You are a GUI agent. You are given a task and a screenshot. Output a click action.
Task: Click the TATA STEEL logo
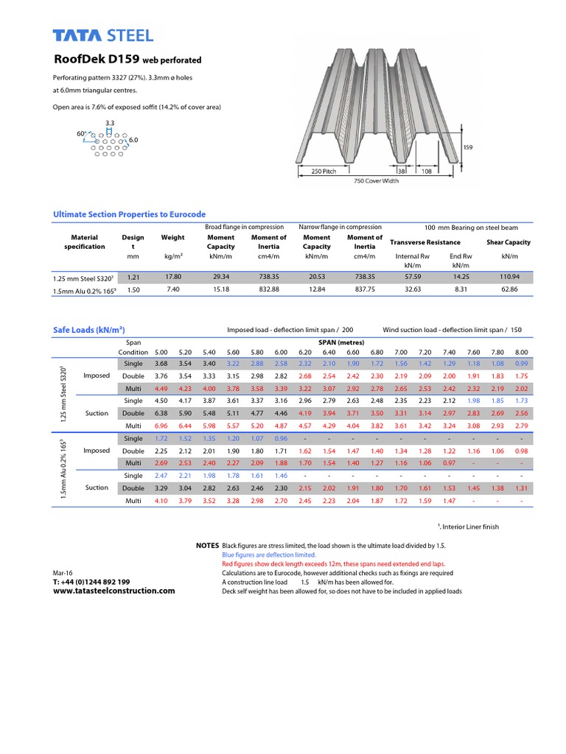[103, 35]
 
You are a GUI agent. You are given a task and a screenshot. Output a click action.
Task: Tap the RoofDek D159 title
[127, 60]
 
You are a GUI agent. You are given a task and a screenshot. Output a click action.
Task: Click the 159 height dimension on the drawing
[467, 147]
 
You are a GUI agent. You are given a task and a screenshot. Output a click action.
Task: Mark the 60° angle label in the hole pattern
[81, 133]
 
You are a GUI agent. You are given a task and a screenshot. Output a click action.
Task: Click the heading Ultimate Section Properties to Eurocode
[129, 214]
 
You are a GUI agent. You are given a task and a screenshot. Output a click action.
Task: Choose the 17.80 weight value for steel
[172, 276]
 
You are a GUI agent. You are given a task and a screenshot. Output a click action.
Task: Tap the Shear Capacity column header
[508, 242]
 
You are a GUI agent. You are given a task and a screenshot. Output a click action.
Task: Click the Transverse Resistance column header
[424, 242]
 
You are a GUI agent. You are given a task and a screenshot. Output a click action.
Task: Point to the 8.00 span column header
[522, 352]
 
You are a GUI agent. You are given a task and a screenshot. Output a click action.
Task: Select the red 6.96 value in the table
[161, 426]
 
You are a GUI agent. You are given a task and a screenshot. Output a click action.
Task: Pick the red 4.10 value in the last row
[161, 501]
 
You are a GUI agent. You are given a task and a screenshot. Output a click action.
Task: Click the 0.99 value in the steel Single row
[522, 363]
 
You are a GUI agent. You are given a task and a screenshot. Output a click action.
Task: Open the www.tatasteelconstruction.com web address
[114, 591]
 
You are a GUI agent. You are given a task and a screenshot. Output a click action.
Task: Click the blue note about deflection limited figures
[269, 554]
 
